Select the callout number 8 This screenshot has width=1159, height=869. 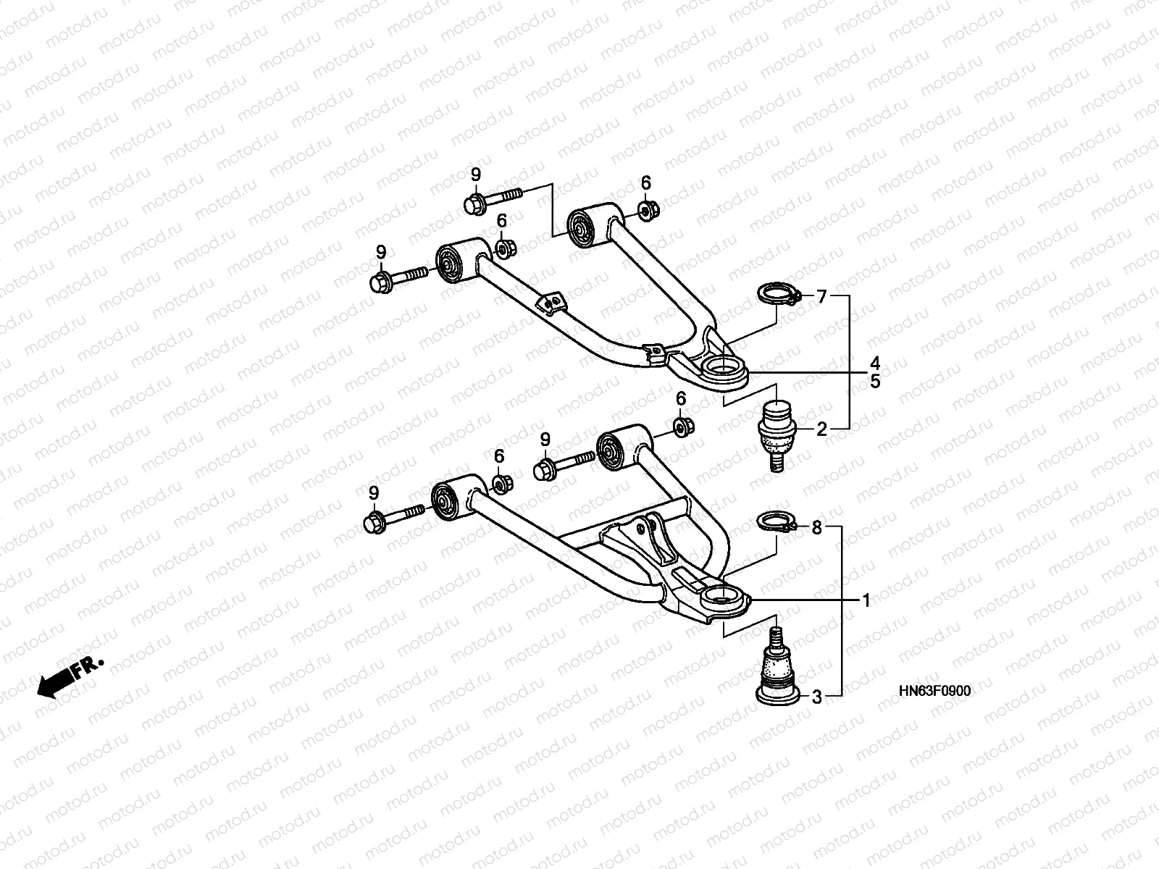click(x=816, y=529)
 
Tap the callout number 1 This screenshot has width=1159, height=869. click(x=866, y=600)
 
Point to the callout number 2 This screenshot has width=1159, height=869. click(x=821, y=429)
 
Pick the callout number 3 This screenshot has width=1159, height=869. click(x=816, y=697)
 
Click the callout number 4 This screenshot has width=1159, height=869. click(x=875, y=362)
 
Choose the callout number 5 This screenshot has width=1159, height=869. click(x=875, y=381)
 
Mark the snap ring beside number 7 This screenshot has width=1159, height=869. click(x=777, y=295)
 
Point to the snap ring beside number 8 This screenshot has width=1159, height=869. click(x=777, y=523)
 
